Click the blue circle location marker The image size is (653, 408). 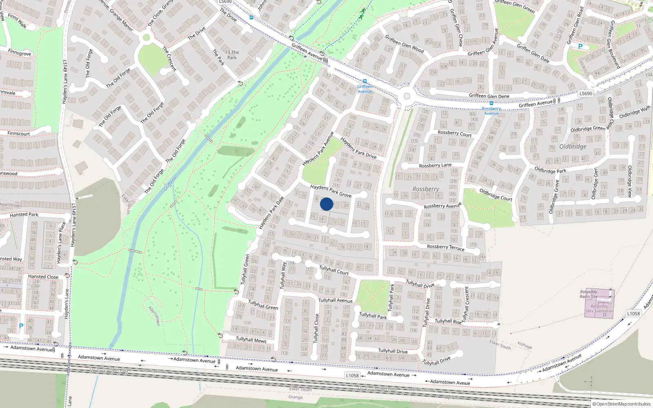[x=326, y=204]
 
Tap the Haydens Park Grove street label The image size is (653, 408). [x=331, y=191]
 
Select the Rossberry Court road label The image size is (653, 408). [x=454, y=133]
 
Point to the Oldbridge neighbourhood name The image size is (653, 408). [x=573, y=146]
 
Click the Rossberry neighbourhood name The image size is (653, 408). [x=426, y=189]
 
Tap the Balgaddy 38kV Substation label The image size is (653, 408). [x=599, y=308]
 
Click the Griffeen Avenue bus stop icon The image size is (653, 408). [x=364, y=81]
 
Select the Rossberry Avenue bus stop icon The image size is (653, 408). [x=491, y=104]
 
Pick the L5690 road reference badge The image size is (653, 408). [x=585, y=93]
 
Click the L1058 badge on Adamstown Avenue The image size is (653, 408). [x=352, y=375]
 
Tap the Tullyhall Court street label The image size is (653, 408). [x=334, y=270]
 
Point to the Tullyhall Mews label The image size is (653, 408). [x=251, y=339]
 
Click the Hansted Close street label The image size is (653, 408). [x=43, y=277]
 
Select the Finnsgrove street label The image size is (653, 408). [x=19, y=53]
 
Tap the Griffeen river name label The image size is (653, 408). [x=170, y=184]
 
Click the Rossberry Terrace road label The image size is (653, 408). [x=445, y=247]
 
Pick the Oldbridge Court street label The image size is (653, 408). [x=495, y=195]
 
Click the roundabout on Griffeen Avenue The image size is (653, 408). [x=406, y=97]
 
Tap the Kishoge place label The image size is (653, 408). [x=524, y=345]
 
